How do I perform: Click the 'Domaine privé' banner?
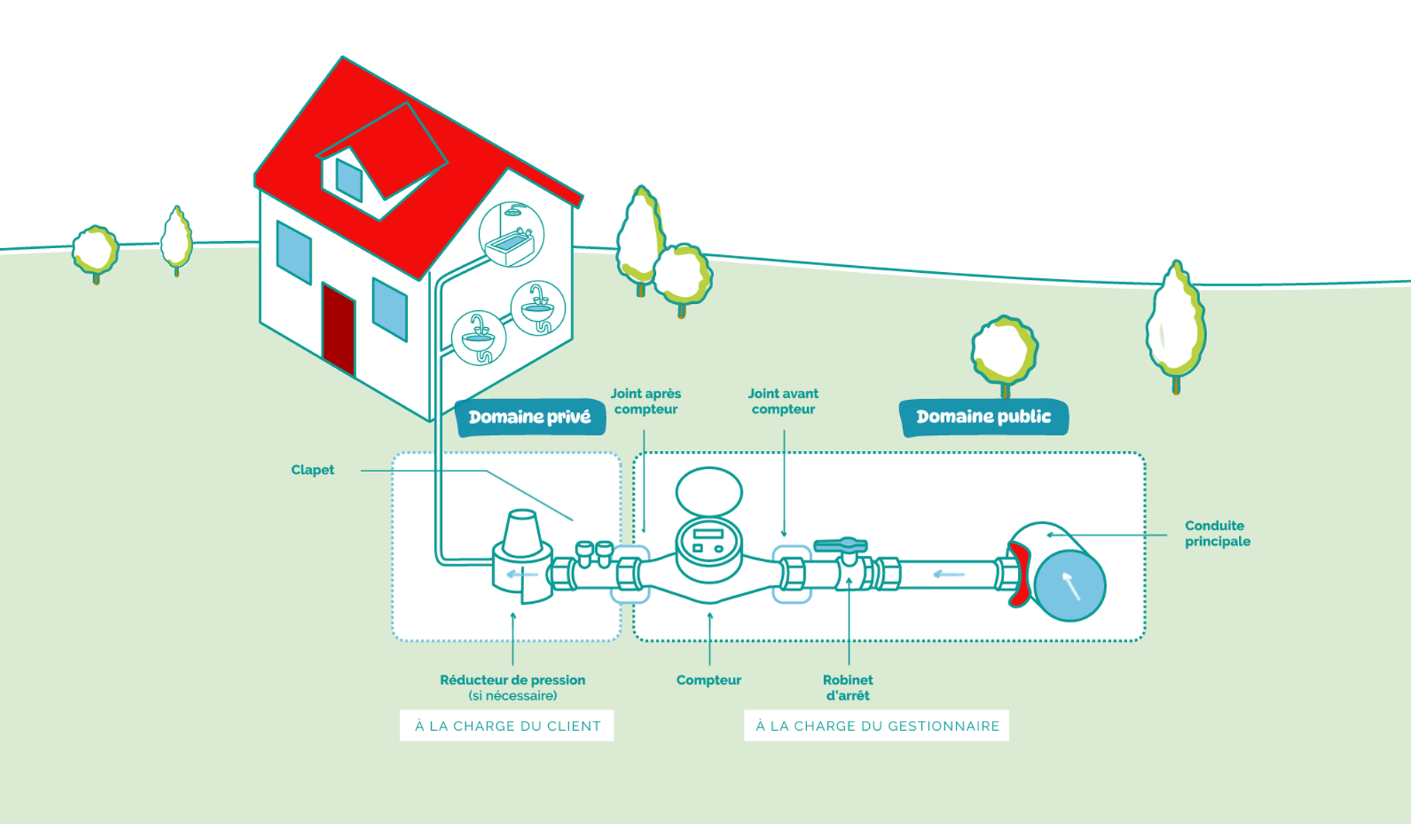530,417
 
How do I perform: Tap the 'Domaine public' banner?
983,417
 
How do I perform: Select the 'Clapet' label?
312,470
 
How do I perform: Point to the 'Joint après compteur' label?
645,402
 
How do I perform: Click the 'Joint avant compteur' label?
783,402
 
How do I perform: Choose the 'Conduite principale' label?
1216,533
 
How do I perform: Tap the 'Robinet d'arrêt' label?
847,688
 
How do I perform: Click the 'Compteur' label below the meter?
709,680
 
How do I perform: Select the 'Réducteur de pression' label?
512,681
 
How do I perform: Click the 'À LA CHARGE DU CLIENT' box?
507,726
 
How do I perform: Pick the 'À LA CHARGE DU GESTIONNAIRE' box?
877,726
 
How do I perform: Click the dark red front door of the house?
339,330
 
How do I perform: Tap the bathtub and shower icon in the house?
511,235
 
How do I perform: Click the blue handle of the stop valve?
840,545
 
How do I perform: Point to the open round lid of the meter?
709,492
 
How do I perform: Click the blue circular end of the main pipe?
1070,585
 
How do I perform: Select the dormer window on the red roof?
349,180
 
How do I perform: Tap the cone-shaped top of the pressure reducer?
522,534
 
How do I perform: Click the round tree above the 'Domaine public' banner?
1005,351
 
